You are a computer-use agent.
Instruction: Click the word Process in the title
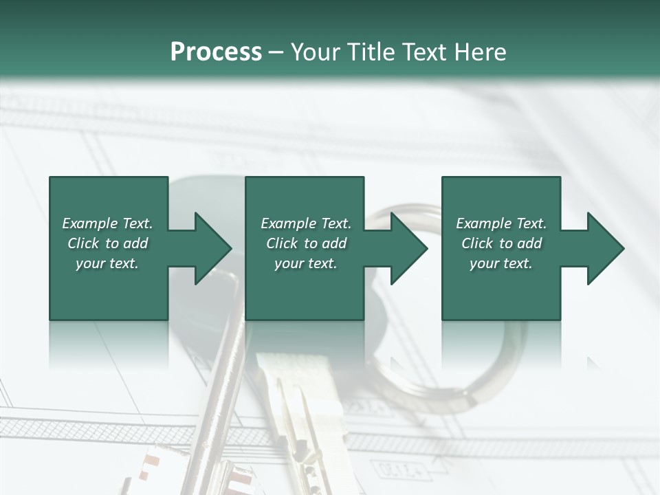coord(216,52)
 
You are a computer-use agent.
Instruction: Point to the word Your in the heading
coord(316,52)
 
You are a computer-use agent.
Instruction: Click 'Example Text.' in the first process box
coord(107,223)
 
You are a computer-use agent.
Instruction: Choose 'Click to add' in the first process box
coord(107,243)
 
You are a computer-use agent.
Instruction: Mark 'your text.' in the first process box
coord(107,263)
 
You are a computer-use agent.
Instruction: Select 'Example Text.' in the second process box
coord(305,223)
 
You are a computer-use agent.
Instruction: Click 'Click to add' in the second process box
coord(305,243)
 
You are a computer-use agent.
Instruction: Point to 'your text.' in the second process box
coord(305,263)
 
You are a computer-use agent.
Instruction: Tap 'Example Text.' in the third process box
coord(501,223)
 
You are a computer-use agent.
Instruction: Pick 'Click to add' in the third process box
coord(501,243)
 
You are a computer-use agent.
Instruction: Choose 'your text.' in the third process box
coord(501,263)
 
